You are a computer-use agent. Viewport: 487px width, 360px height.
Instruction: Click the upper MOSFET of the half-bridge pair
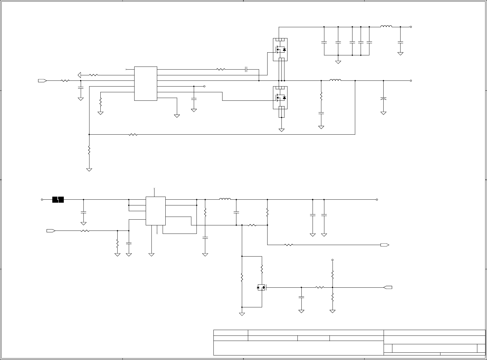coord(280,49)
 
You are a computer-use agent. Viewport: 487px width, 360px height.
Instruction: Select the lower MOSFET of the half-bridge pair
coord(280,97)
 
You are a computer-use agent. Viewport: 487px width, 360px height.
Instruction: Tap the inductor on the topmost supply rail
coord(386,27)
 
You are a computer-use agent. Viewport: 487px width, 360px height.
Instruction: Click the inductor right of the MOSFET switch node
coord(335,80)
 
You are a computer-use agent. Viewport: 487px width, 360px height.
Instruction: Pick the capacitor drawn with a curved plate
coord(383,99)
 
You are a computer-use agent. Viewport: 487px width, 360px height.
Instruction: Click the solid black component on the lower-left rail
coord(58,200)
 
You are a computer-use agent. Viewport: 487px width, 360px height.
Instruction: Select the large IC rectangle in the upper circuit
coord(145,83)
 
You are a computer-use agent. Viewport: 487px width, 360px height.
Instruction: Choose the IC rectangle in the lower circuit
coord(155,211)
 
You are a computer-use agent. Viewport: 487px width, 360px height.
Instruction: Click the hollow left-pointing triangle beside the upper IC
coord(80,75)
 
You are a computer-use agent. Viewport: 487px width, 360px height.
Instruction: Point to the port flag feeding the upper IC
coord(42,81)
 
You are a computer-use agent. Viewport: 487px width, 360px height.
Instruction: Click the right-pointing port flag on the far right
coord(385,245)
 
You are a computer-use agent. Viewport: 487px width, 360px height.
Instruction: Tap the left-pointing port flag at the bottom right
coord(388,287)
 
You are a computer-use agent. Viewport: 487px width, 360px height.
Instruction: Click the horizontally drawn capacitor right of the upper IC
coord(246,70)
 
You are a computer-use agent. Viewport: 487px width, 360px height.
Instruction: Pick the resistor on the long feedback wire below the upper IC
coord(133,134)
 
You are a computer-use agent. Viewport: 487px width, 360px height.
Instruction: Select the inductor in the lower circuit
coord(225,199)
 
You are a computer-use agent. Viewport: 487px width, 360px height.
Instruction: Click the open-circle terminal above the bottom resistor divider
coord(333,260)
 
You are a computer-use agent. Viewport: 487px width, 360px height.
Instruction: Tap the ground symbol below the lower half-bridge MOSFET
coord(281,130)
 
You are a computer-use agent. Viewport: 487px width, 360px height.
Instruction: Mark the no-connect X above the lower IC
coord(154,188)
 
